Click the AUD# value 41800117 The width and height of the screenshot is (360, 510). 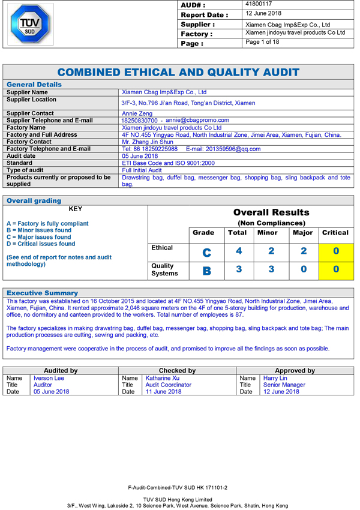(259, 4)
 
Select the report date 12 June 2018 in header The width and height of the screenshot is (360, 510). (264, 14)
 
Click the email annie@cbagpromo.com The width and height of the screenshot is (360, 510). (197, 121)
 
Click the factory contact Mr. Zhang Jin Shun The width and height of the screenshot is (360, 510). (147, 142)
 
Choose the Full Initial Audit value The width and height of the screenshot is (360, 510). (142, 170)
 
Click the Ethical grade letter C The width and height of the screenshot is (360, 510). (206, 253)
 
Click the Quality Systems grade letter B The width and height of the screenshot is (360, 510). (206, 271)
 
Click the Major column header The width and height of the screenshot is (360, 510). (302, 233)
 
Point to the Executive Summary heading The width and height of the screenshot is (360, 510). (42, 293)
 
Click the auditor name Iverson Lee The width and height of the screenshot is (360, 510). (49, 378)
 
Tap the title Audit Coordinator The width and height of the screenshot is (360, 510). (168, 385)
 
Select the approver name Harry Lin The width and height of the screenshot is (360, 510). (275, 378)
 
